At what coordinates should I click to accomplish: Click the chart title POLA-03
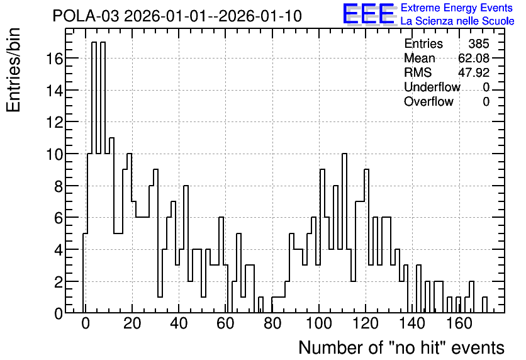tap(86, 16)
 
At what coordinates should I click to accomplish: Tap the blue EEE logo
tap(369, 14)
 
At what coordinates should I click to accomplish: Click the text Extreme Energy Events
tap(457, 8)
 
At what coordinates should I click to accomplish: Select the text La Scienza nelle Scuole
tap(457, 21)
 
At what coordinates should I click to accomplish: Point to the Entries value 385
tap(479, 43)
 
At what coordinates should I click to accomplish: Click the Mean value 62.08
tap(474, 58)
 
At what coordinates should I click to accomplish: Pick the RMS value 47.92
tap(474, 72)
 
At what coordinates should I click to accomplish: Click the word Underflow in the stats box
tap(432, 87)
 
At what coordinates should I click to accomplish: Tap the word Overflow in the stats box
tap(428, 101)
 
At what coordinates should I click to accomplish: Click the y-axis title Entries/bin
tap(13, 70)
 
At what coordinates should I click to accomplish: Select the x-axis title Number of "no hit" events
tap(401, 347)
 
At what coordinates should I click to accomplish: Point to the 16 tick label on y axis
tap(54, 59)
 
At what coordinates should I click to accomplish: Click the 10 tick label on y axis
tap(54, 155)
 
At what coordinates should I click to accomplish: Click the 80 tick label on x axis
tap(272, 323)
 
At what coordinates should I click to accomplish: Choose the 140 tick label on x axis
tap(412, 323)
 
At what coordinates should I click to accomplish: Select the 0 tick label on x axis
tap(86, 323)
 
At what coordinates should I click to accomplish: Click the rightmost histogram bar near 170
tap(484, 305)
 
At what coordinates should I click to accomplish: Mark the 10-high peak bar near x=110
tap(344, 233)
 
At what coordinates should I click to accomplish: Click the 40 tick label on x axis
tap(179, 323)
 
